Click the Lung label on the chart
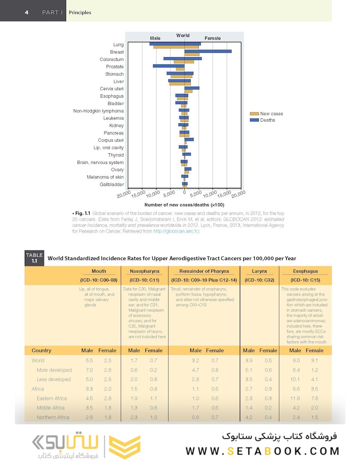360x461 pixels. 118,45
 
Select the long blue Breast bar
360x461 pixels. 208,51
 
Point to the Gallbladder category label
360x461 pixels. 111,184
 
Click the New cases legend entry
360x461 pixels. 271,114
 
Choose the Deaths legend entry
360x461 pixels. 267,120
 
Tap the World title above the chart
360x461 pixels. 183,36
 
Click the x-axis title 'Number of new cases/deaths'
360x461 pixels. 181,205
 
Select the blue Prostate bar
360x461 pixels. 168,66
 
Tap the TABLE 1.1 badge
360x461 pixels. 34,258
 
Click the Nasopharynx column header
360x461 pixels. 145,271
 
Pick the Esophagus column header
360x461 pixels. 305,271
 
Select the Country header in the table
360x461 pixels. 41,350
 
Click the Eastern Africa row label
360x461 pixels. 52,398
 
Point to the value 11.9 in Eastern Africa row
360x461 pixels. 295,398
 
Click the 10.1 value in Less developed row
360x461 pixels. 295,379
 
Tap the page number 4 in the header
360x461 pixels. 26,12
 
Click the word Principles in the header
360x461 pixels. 80,12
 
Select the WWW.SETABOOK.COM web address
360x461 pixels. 262,451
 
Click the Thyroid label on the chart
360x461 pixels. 116,155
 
